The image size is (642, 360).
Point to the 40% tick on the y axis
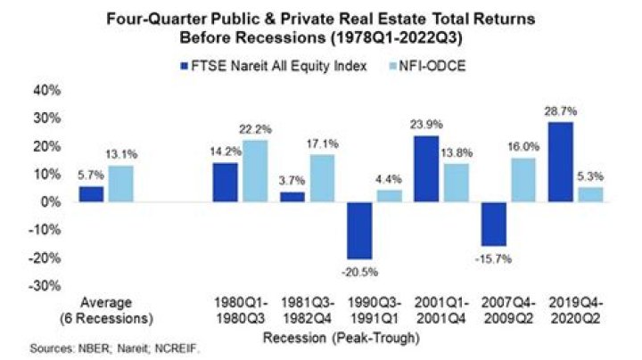pyautogui.click(x=46, y=90)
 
